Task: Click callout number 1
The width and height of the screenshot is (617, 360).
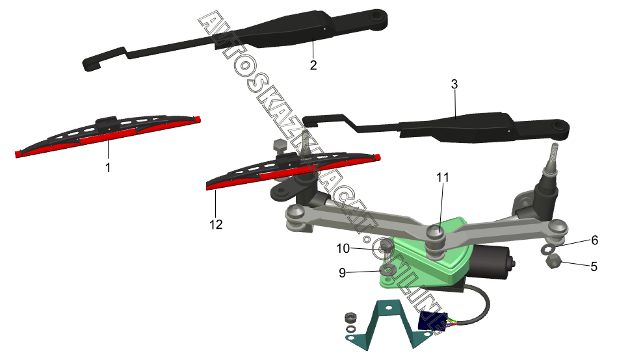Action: (108, 167)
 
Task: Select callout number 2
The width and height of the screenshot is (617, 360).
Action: (313, 66)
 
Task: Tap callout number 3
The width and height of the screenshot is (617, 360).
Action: (454, 84)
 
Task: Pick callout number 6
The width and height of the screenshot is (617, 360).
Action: (594, 240)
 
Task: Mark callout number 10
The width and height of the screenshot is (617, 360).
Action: (343, 248)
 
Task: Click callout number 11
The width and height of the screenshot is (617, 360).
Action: (443, 177)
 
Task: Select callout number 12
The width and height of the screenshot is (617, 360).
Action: (216, 224)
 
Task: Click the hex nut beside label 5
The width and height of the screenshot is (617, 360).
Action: (554, 262)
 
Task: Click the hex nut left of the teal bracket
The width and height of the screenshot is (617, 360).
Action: (349, 316)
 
